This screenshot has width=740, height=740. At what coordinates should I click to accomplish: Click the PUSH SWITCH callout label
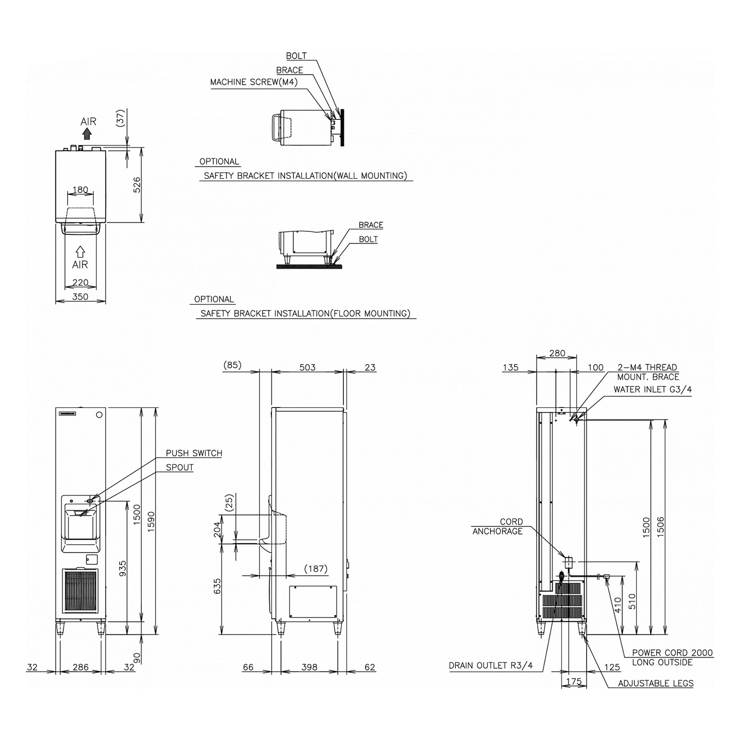click(x=194, y=453)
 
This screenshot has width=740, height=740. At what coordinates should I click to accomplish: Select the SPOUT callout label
click(x=180, y=467)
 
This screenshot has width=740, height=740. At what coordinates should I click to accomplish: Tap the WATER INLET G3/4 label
click(x=652, y=389)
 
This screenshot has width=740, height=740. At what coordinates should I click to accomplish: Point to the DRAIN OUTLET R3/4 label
click(x=490, y=666)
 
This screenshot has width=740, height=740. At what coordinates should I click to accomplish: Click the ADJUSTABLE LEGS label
click(x=655, y=683)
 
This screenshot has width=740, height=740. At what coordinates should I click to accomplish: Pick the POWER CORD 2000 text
click(x=672, y=653)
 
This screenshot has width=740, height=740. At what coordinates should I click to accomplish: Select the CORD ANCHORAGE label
click(x=498, y=526)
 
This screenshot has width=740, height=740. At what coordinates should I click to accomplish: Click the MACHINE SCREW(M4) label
click(x=254, y=82)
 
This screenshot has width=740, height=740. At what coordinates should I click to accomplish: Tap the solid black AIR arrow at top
click(x=88, y=134)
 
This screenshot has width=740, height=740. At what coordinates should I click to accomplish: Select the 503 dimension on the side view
click(x=307, y=367)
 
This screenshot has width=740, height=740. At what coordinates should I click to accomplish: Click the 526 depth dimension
click(x=137, y=185)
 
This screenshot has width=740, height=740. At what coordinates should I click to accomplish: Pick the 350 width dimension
click(x=80, y=296)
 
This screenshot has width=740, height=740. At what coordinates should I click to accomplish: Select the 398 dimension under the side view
click(x=309, y=667)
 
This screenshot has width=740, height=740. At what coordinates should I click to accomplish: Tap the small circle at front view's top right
click(x=100, y=415)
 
